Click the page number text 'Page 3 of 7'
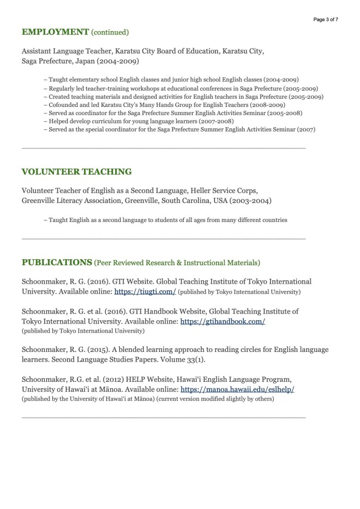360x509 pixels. (x=326, y=20)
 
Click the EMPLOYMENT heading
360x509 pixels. (x=55, y=32)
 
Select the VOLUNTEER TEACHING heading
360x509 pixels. (x=76, y=172)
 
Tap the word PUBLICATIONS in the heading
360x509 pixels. (x=57, y=262)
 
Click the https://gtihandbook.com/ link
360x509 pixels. (x=223, y=321)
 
